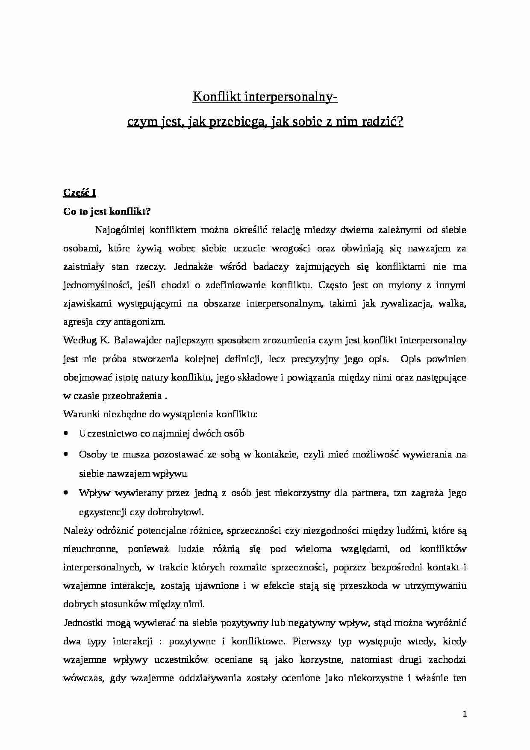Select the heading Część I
79,193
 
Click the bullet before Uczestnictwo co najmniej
66,433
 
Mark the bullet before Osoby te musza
66,455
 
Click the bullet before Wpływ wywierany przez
66,493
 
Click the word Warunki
78,414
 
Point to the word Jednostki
80,623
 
